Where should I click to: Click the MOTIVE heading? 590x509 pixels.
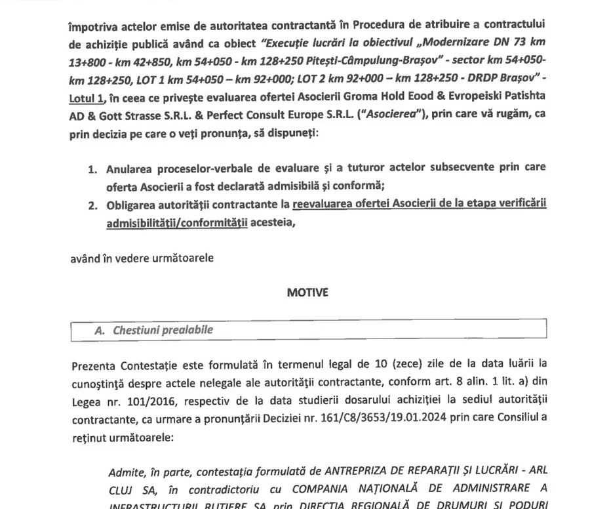(307, 293)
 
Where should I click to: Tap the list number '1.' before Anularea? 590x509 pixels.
(93, 169)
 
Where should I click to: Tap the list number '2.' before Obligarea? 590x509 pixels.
(93, 205)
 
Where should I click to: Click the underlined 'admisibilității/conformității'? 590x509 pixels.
(177, 223)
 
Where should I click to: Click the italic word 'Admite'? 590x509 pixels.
(125, 472)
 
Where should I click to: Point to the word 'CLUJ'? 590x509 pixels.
(123, 490)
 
